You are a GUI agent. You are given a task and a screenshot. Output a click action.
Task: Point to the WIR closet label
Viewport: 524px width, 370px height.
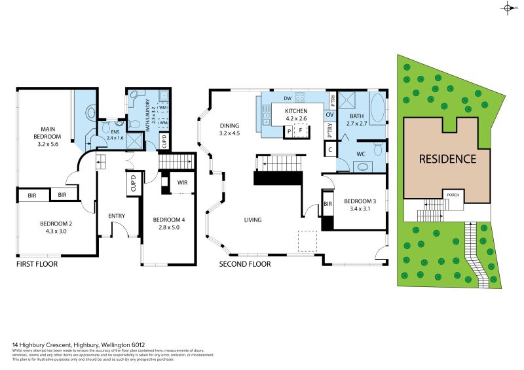coord(182,183)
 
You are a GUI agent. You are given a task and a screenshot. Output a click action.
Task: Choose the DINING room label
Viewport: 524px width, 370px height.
coord(229,126)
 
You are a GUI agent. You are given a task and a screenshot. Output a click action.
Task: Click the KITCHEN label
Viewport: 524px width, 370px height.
coord(295,111)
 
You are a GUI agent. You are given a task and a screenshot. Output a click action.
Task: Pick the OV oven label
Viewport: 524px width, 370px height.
coord(330,114)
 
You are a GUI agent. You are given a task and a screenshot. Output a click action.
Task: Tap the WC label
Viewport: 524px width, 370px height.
coord(360,154)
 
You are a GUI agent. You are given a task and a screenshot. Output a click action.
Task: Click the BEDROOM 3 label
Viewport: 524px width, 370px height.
coord(360,201)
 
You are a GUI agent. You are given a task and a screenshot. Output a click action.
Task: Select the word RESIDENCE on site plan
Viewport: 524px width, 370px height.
coord(447,158)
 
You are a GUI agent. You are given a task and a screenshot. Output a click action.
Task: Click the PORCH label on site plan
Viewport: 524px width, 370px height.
coord(452,195)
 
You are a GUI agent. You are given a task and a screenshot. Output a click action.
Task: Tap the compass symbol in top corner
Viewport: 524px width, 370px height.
coord(508,8)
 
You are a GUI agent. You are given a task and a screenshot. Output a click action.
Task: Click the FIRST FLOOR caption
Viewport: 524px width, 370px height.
coord(37,265)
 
